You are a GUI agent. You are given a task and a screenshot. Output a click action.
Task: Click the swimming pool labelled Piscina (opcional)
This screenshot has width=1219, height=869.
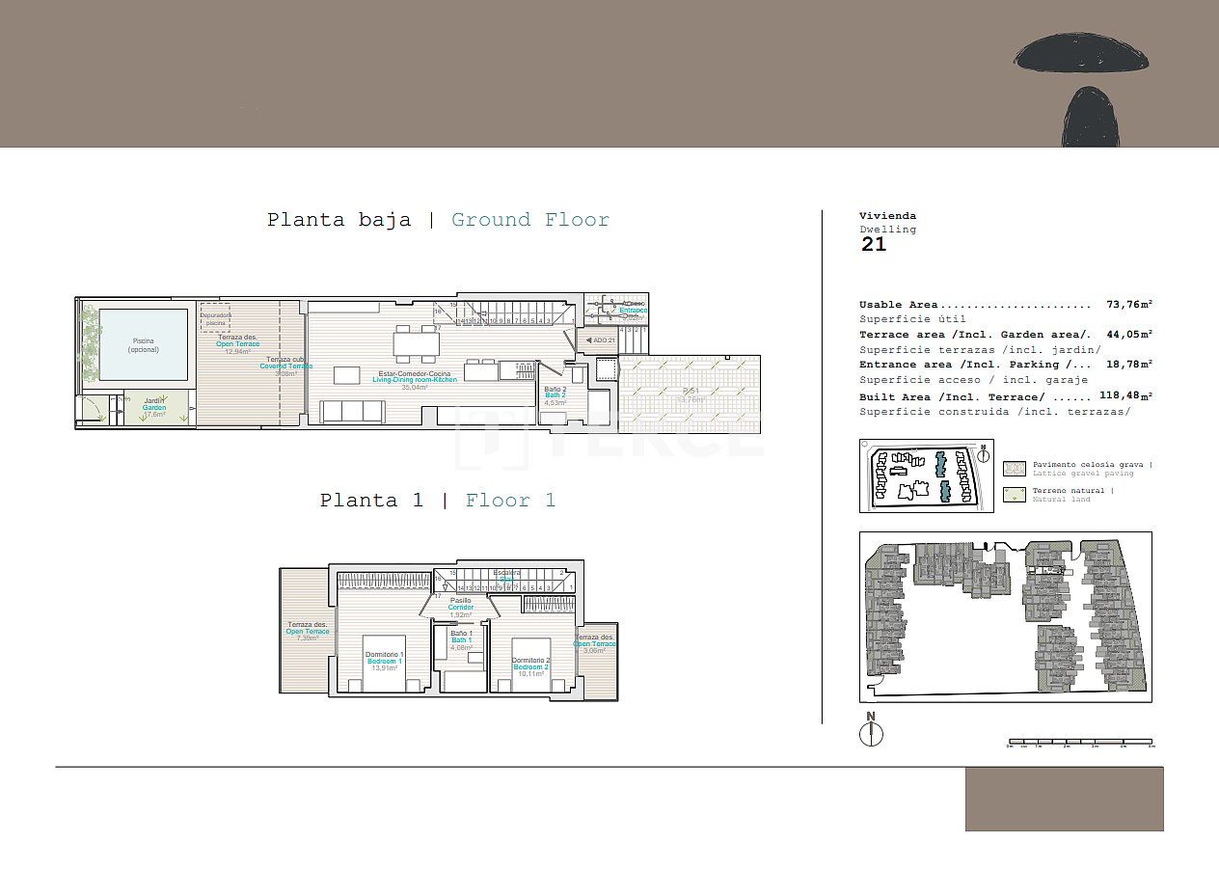click(143, 345)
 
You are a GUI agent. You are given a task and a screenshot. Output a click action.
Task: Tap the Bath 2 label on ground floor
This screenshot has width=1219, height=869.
click(555, 394)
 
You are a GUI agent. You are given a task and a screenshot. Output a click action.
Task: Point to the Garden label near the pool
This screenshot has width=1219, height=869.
click(154, 408)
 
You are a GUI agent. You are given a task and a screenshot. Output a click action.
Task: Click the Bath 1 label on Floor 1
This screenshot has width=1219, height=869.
click(461, 640)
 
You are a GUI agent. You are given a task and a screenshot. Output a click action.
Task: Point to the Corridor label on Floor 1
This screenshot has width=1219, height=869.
click(461, 607)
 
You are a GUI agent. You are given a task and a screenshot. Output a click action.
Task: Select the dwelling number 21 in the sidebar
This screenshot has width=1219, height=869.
click(873, 245)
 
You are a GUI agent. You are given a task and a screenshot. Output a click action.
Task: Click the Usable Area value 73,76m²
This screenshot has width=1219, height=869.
click(1129, 305)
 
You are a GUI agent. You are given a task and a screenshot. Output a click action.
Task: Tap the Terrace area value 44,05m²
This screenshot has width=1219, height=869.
click(1129, 335)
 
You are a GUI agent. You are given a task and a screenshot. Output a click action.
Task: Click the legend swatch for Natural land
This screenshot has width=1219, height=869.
click(1014, 495)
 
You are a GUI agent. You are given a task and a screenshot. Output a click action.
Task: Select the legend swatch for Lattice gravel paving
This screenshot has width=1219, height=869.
click(1014, 469)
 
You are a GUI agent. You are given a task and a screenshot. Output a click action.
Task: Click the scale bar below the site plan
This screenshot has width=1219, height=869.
click(1079, 743)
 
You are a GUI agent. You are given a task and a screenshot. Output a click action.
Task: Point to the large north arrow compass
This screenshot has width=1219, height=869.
click(871, 733)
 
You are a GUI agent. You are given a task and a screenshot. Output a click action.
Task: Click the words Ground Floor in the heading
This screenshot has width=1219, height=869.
click(530, 220)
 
